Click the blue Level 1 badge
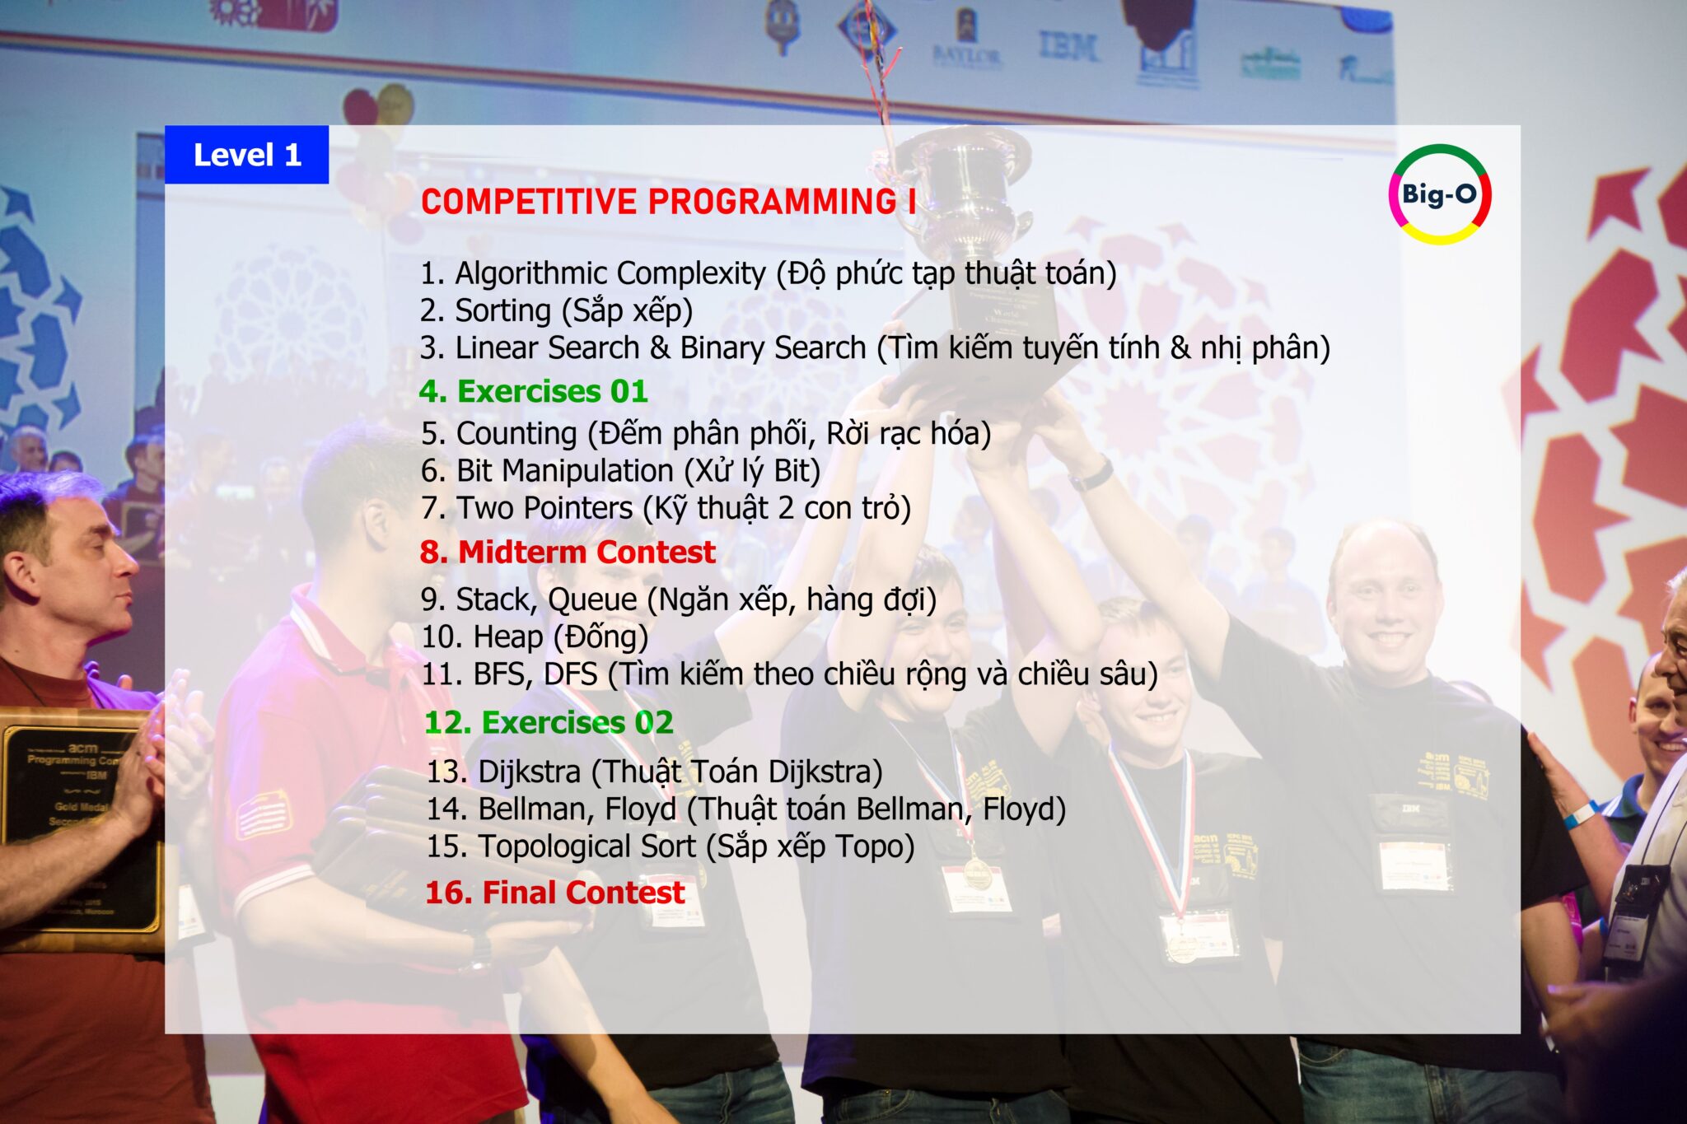click(246, 154)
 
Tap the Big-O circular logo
click(1440, 194)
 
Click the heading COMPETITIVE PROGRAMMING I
click(668, 202)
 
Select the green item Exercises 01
click(533, 391)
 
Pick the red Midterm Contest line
click(568, 552)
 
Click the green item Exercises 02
click(549, 722)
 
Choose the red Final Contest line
click(555, 893)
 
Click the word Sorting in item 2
click(503, 312)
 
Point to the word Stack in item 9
click(495, 599)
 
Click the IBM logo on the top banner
click(1068, 46)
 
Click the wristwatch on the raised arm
click(1093, 474)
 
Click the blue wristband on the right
click(1579, 814)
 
